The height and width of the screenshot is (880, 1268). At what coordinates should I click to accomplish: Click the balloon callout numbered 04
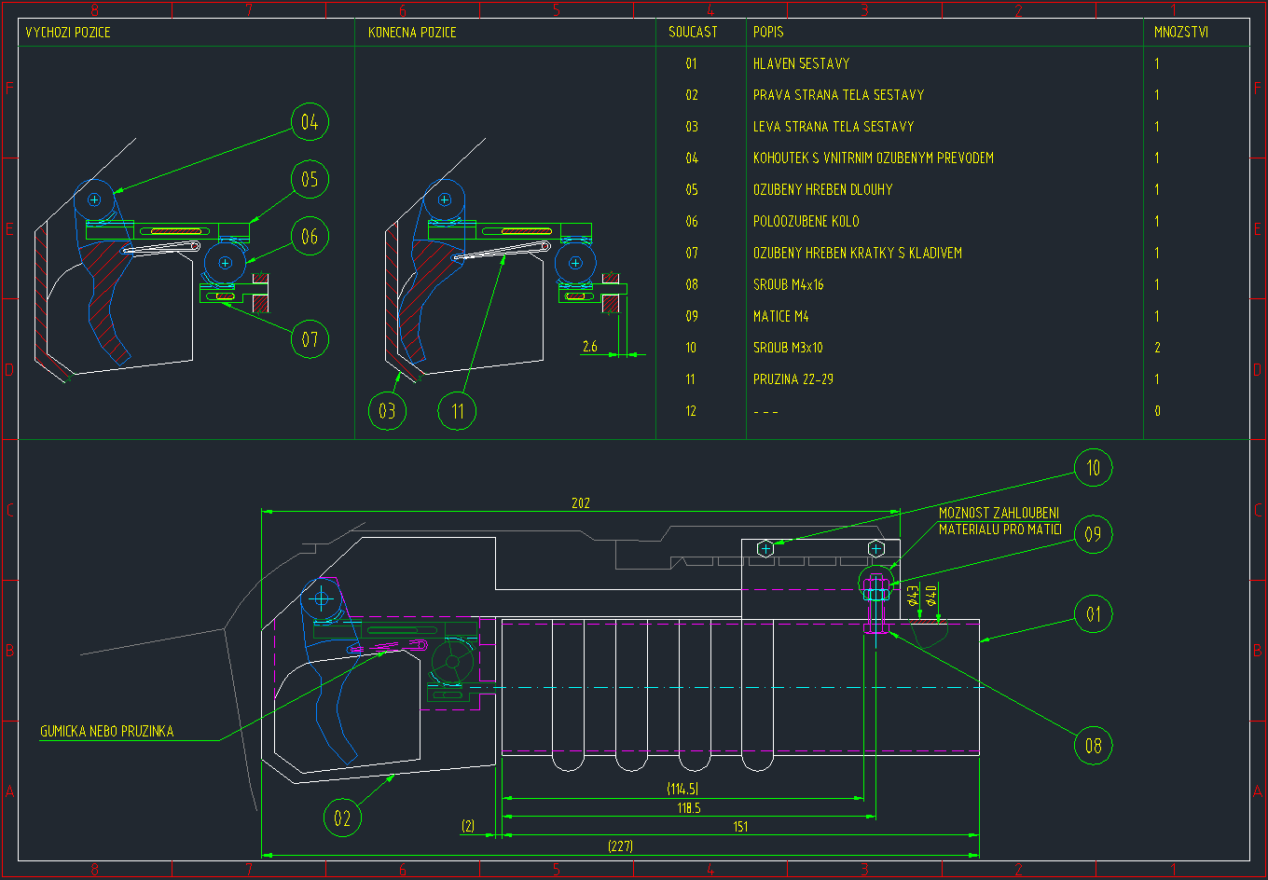[310, 122]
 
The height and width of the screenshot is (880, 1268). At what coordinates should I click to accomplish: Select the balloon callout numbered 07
[310, 338]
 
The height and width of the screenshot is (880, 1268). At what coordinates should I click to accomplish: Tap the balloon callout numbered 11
[458, 410]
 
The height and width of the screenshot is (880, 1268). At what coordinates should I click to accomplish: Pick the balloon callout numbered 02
[342, 818]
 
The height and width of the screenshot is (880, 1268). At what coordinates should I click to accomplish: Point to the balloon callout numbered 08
[1094, 745]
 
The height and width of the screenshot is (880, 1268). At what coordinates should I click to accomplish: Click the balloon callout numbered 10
[1094, 467]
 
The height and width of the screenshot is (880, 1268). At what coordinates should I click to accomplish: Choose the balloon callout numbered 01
[1094, 614]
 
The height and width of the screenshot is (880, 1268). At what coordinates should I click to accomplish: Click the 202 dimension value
[581, 503]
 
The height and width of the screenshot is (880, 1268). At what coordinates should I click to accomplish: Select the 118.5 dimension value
[689, 808]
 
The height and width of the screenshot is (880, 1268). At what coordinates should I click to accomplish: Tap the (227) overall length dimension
[620, 846]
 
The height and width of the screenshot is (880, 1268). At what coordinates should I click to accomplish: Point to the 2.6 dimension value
[589, 347]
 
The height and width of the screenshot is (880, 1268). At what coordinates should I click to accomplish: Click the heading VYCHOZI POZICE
[68, 33]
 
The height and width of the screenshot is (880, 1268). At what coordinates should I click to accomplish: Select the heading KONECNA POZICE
[412, 33]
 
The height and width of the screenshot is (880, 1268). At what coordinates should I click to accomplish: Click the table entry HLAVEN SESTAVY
[801, 64]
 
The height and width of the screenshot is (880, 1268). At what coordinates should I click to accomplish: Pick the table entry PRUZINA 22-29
[799, 379]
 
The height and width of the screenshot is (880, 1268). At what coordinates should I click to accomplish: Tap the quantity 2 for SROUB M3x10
[1157, 348]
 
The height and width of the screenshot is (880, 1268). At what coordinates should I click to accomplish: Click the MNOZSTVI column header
[1181, 33]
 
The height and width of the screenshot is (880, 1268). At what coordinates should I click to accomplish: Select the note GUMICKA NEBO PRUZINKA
[106, 732]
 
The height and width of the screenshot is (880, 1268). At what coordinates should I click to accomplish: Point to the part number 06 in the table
[691, 222]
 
